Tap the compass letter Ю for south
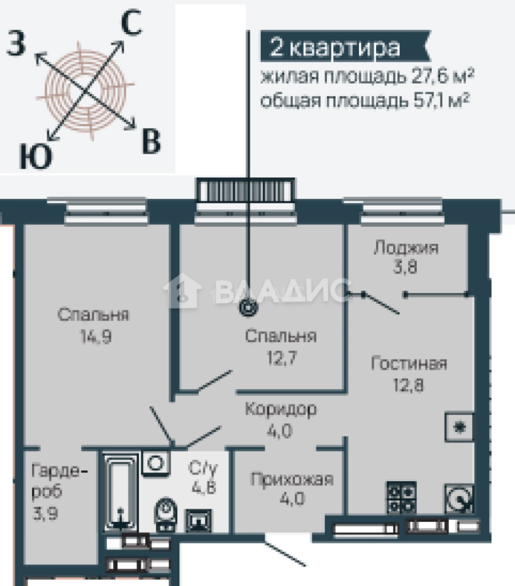point(36,156)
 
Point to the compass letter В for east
point(151,142)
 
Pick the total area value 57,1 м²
point(437,100)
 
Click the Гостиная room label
point(409,363)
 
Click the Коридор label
point(280,409)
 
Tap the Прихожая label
point(291,479)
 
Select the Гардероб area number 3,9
point(46,512)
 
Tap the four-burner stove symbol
point(401,496)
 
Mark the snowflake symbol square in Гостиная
point(459,427)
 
